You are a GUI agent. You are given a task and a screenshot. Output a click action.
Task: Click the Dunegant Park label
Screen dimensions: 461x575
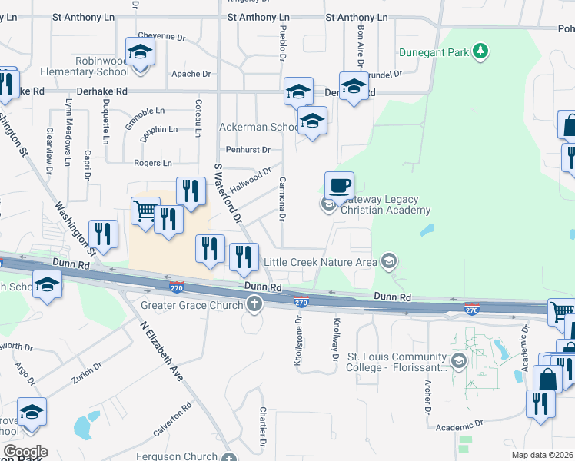click(434, 53)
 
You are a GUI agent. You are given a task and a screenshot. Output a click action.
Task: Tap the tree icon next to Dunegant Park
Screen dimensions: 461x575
click(481, 51)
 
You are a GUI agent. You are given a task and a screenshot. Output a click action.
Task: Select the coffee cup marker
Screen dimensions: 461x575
click(340, 185)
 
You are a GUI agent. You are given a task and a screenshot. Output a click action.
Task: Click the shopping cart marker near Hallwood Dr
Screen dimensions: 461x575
click(145, 209)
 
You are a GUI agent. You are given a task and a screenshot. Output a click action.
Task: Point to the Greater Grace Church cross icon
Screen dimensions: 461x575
click(254, 304)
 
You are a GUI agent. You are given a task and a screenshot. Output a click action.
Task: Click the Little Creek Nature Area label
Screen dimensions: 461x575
click(321, 262)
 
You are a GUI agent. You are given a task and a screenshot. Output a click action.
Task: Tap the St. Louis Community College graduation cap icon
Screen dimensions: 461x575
click(459, 360)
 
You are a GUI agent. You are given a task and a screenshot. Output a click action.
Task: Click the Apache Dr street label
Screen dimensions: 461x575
click(191, 75)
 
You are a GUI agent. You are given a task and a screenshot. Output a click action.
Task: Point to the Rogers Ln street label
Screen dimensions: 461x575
click(152, 163)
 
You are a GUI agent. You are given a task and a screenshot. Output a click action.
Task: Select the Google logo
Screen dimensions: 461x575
click(25, 452)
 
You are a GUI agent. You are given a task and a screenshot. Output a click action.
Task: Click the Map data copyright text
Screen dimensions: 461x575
click(542, 455)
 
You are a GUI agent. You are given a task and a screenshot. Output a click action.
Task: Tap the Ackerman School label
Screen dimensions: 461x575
click(259, 127)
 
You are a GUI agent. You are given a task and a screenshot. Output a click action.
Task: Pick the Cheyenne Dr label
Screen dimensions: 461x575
click(161, 37)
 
